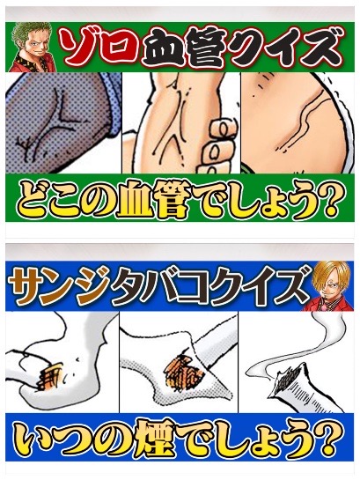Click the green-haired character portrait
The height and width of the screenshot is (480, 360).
point(32,47)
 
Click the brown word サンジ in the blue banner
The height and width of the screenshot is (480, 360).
point(59,286)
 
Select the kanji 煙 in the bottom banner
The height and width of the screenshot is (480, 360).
point(151,439)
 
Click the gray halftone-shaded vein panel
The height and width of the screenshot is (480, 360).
point(61,123)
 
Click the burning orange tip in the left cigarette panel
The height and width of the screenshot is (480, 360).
point(51,376)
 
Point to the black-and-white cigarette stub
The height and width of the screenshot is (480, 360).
point(302,387)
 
